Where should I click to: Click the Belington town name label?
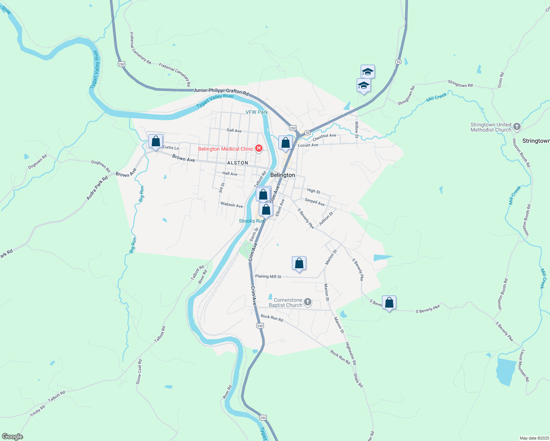282,175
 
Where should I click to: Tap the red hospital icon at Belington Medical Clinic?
259,148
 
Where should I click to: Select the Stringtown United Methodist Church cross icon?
517,127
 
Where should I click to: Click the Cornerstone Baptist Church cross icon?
308,302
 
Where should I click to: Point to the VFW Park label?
257,112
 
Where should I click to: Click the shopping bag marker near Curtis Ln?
156,141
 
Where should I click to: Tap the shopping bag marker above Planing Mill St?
299,263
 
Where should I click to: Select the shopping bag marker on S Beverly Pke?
389,303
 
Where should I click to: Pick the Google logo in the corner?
12,437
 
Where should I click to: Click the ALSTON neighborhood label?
238,163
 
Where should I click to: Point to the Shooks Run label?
251,221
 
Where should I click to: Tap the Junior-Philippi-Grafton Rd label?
221,92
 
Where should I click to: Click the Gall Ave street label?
234,130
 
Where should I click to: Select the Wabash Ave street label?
232,205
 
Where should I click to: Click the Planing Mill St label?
268,276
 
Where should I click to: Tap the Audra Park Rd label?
97,188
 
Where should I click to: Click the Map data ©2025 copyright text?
533,438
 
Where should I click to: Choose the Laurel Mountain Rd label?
524,365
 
